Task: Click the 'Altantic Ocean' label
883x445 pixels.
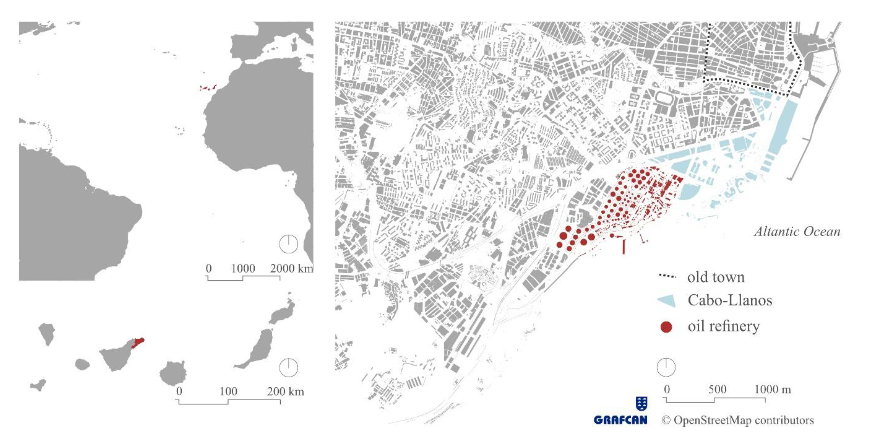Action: pos(797,232)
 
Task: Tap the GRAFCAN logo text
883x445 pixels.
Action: pos(620,420)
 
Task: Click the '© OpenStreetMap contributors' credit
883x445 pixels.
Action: pos(738,420)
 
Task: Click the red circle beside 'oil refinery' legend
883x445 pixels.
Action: pos(666,327)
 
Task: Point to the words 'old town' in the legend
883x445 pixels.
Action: pos(716,277)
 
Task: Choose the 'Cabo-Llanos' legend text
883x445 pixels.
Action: pos(730,300)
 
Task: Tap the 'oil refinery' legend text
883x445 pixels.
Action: pos(724,326)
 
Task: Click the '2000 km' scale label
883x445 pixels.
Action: pos(291,268)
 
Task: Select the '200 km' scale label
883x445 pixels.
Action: pos(286,391)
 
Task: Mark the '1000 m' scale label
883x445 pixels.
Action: pos(773,389)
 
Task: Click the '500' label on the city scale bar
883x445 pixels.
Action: pos(717,389)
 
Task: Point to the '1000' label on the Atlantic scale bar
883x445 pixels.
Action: pos(243,268)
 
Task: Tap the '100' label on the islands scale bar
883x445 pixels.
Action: pos(228,391)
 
